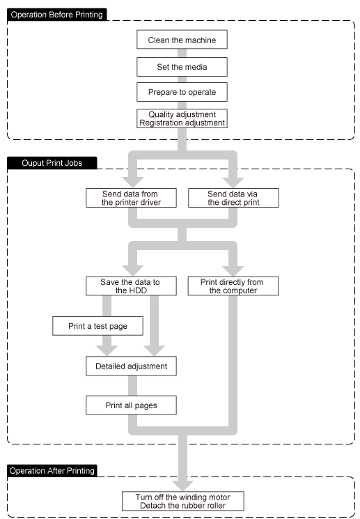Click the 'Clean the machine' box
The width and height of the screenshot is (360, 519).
[182, 40]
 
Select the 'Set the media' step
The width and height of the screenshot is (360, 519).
[182, 67]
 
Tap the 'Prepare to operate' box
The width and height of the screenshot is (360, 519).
[182, 92]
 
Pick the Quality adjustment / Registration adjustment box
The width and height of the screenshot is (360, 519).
[182, 118]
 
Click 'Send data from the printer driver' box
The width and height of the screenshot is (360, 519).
[131, 198]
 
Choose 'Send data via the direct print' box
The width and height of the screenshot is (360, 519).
[233, 198]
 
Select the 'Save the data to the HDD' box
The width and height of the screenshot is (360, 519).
[131, 286]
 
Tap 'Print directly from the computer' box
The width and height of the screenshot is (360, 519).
[233, 286]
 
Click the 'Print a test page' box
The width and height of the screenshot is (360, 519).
[97, 326]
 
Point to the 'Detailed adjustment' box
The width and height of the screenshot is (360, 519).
[131, 366]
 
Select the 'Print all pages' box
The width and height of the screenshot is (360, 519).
[131, 405]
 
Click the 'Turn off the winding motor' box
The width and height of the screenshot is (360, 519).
[183, 501]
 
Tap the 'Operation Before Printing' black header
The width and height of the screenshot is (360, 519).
[57, 15]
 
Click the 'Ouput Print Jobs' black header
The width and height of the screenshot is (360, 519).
[52, 163]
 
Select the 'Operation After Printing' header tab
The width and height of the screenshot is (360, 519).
[52, 471]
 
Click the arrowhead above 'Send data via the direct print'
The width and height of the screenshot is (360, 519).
[233, 183]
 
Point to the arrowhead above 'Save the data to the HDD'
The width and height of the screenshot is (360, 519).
[133, 270]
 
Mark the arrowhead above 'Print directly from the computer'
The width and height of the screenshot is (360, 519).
[233, 270]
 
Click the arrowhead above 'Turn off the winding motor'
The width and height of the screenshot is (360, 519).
[182, 486]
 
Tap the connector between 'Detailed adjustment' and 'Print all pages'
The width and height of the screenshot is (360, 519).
[133, 386]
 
